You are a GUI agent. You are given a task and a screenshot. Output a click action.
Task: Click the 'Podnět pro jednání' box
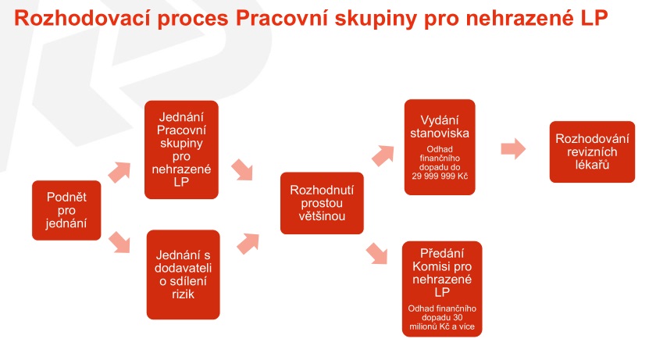pyautogui.click(x=66, y=210)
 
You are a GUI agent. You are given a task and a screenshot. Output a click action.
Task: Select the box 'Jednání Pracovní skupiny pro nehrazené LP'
pyautogui.click(x=181, y=150)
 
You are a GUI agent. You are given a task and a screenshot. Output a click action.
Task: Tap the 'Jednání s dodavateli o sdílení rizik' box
pyautogui.click(x=183, y=275)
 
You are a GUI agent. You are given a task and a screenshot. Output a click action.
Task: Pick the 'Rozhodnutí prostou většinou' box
pyautogui.click(x=322, y=203)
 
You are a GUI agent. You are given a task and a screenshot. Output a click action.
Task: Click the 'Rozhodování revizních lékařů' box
pyautogui.click(x=592, y=151)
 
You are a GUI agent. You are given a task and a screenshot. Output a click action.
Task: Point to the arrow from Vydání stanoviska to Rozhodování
pyautogui.click(x=513, y=148)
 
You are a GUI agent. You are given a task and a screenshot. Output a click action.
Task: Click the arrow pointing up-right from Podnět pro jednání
pyautogui.click(x=119, y=172)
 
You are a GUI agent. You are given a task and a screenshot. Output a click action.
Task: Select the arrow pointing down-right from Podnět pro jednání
pyautogui.click(x=119, y=243)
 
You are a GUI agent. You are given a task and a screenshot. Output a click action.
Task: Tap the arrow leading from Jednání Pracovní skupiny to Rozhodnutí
pyautogui.click(x=242, y=169)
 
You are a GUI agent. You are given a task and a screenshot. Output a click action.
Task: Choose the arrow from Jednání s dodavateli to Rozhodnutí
pyautogui.click(x=248, y=244)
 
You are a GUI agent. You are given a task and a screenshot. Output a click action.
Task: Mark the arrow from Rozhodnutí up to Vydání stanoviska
pyautogui.click(x=383, y=156)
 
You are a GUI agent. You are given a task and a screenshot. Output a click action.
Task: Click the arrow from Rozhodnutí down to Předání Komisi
pyautogui.click(x=376, y=253)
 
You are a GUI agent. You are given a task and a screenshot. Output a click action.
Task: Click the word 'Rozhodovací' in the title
pyautogui.click(x=81, y=18)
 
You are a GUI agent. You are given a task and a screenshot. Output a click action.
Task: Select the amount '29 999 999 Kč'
pyautogui.click(x=440, y=176)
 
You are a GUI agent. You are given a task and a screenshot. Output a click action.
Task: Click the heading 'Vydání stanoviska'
pyautogui.click(x=440, y=127)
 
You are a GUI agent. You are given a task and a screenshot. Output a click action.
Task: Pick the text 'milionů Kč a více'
pyautogui.click(x=442, y=326)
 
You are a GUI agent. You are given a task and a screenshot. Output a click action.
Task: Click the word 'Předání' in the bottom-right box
pyautogui.click(x=442, y=253)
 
